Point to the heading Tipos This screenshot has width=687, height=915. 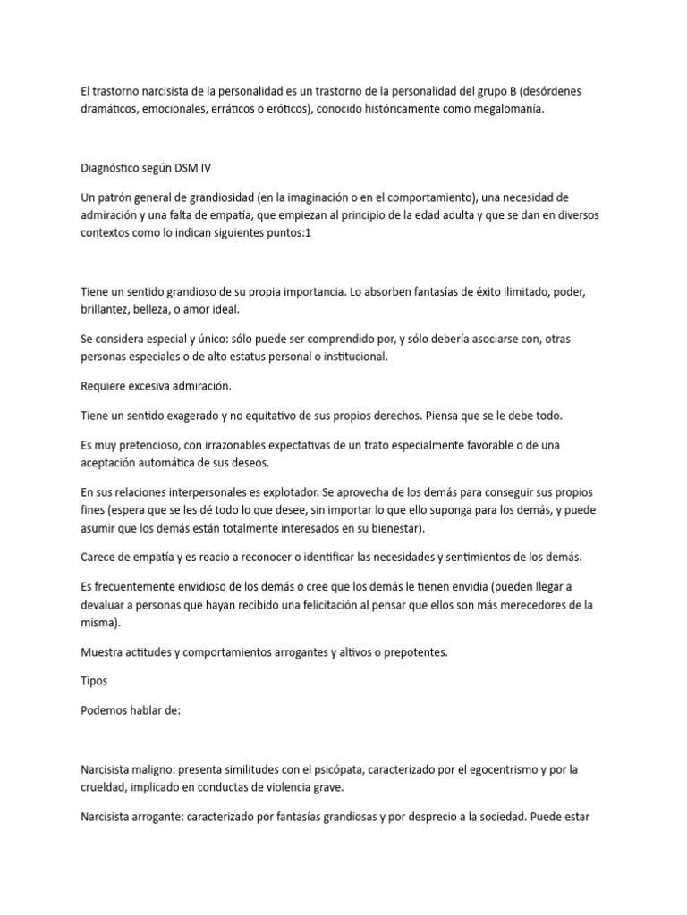94,681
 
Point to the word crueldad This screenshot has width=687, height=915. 107,787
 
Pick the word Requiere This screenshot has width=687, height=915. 106,385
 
